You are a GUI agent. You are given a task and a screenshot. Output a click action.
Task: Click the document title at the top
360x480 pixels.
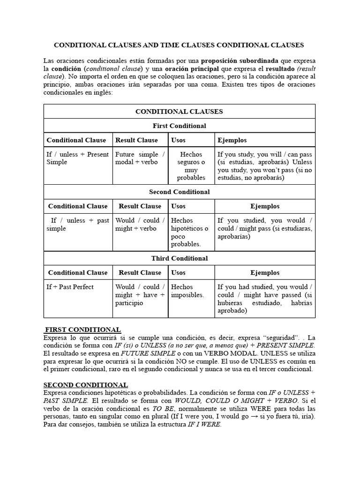180,45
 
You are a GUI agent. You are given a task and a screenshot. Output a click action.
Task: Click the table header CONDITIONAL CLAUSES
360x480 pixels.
179,112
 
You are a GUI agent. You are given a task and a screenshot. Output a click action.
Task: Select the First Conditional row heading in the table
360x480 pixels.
179,126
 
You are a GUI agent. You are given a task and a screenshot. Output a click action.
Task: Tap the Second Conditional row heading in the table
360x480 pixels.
179,192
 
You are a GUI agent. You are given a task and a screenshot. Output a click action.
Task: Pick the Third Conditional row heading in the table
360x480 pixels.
179,258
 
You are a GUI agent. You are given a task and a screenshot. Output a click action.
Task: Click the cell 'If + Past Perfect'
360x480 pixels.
70,287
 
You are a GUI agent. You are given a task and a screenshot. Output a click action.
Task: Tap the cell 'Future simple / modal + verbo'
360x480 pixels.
140,158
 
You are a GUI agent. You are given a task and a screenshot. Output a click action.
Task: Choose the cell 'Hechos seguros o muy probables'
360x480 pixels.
191,166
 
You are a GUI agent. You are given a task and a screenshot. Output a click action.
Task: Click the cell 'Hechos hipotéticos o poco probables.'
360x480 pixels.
190,232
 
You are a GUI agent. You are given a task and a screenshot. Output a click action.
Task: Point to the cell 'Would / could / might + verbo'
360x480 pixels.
140,225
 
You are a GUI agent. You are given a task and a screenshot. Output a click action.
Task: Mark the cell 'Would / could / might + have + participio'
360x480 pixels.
140,295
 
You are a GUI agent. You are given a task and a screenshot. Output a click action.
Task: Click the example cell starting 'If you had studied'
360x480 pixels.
265,299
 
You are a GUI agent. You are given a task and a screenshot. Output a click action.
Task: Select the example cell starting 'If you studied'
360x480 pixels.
265,228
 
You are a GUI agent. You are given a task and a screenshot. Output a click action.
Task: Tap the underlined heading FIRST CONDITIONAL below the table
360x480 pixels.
82,330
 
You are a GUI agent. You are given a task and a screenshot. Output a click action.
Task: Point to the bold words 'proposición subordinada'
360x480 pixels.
240,61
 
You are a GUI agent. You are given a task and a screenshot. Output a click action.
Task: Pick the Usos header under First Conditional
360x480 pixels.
179,140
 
